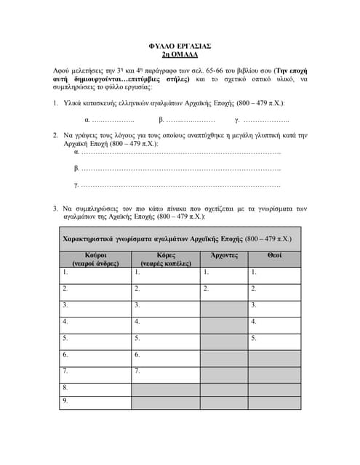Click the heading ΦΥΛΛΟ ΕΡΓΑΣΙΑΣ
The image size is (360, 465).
pos(179,45)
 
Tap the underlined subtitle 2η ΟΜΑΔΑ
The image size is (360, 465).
pos(179,54)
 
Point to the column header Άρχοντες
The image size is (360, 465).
pos(224,256)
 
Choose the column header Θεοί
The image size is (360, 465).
pos(274,256)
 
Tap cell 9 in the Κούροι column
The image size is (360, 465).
pos(95,401)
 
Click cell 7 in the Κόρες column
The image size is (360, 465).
pos(165,372)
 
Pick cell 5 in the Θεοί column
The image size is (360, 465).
pos(274,339)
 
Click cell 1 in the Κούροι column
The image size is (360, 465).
pos(95,273)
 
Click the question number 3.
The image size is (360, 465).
pos(55,209)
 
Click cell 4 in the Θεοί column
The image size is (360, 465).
pos(274,322)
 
